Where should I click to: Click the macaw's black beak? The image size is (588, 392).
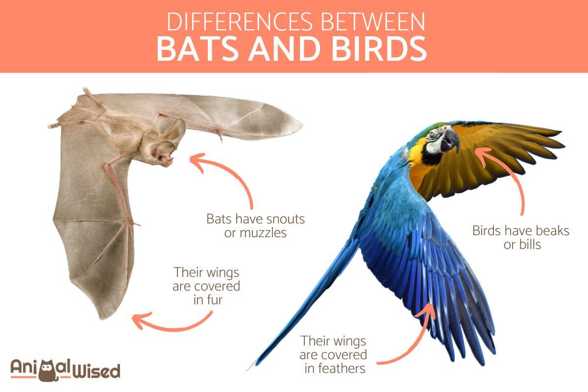450,142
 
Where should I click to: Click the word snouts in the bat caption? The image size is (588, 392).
282,219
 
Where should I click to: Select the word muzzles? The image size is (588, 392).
263,233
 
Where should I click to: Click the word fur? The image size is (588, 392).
214,300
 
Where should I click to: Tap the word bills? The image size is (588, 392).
530,245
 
